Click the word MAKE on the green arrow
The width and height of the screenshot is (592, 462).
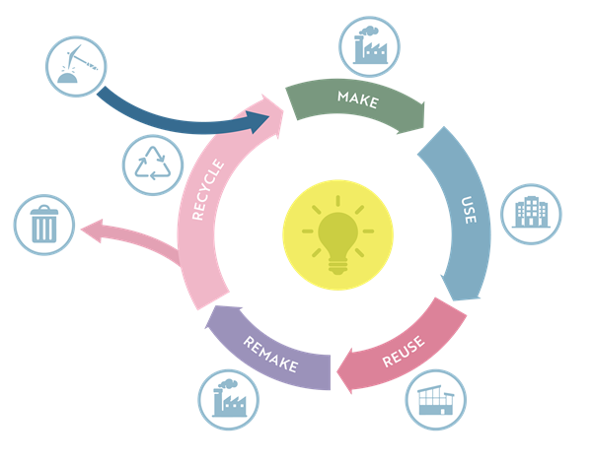pos(357,98)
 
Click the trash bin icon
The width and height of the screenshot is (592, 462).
pos(44,226)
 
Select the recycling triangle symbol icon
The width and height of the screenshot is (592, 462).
pos(153,164)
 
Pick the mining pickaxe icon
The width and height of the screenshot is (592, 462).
pos(76,67)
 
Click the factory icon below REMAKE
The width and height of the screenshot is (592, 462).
pos(227,398)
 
